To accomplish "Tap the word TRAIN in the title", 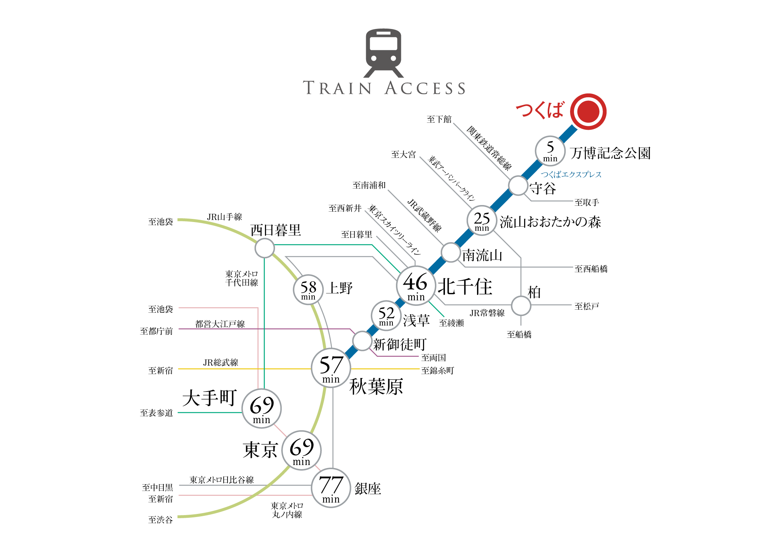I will coord(337,88).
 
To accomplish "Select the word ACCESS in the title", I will coord(425,88).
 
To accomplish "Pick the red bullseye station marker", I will coord(588,112).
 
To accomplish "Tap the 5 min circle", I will coord(550,151).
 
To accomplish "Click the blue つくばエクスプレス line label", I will coord(571,175).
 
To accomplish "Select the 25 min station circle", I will coord(482,220).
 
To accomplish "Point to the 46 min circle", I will coord(416,286).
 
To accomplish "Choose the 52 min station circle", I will coord(386,316).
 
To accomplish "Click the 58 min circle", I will coord(308,290).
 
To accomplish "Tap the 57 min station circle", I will coord(331,368).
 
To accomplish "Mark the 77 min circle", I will coord(331,488).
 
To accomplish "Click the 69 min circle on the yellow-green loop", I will coord(301,450).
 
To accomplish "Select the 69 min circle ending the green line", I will coord(261,409).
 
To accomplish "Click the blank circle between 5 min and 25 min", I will coord(518,186).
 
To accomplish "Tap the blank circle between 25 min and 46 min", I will coord(451,253).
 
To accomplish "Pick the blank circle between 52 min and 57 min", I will coord(362,341).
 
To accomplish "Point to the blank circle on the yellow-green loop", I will coord(265,248).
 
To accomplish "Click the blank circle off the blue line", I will coord(521,306).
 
